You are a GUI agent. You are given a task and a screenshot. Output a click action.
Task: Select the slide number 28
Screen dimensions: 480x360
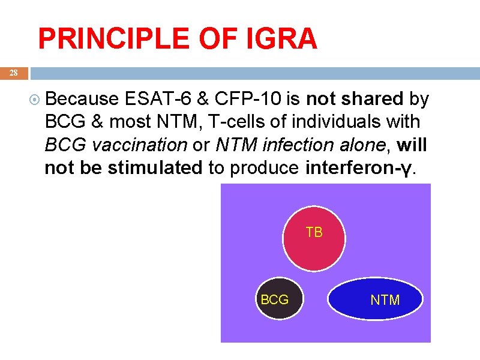pos(14,73)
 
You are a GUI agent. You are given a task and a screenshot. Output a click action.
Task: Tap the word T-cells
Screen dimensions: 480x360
pos(238,122)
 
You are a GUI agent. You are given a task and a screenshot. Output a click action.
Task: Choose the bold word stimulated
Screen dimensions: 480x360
pos(155,168)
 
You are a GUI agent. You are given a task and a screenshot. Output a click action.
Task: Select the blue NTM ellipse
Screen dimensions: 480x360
pos(375,300)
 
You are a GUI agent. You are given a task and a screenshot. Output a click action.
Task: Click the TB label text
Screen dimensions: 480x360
pos(314,232)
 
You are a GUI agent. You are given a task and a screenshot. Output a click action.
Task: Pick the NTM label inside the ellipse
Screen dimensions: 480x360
pos(385,300)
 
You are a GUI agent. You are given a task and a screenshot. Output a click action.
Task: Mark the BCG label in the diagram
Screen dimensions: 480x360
pos(275,299)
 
